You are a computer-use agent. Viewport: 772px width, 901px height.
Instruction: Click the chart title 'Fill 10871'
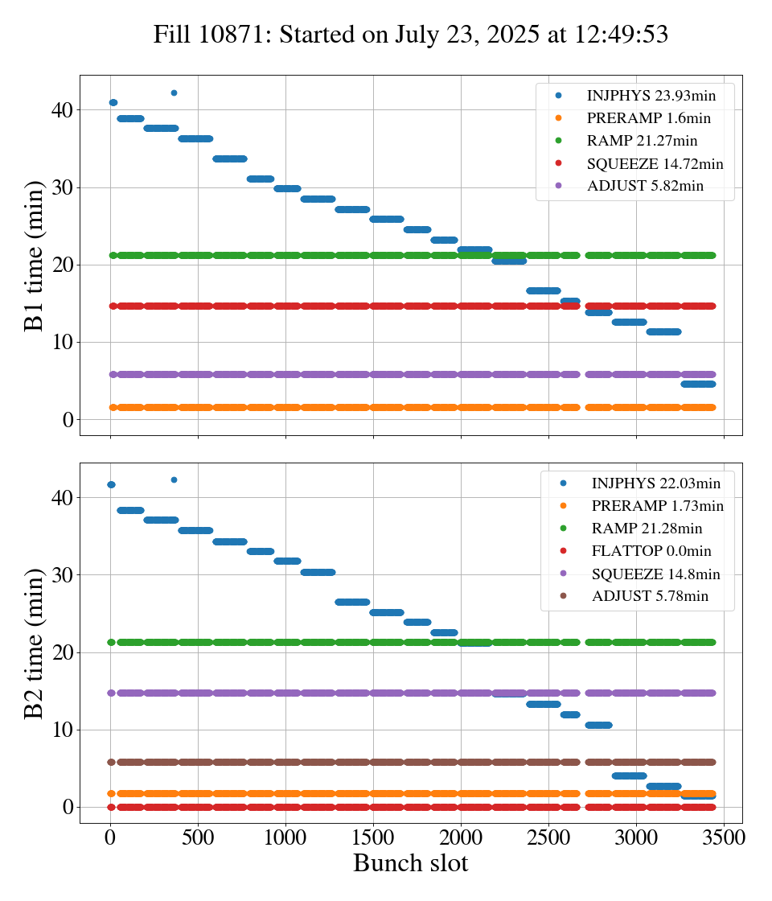[x=411, y=35]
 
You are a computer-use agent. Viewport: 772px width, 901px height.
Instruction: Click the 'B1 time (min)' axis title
[x=34, y=256]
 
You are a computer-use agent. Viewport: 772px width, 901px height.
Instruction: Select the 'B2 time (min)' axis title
[x=34, y=643]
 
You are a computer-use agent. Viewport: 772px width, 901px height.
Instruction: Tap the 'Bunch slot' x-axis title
[x=411, y=863]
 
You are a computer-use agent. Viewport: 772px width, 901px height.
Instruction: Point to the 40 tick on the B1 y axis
[x=63, y=110]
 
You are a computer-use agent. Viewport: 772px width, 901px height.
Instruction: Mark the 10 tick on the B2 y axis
[x=63, y=730]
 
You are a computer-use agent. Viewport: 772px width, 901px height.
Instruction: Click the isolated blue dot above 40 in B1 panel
[x=174, y=93]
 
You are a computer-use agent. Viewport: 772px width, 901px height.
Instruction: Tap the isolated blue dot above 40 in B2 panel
[x=174, y=480]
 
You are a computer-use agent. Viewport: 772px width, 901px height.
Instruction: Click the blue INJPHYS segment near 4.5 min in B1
[x=698, y=384]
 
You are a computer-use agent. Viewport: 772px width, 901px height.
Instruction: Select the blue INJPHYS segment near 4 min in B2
[x=629, y=776]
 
